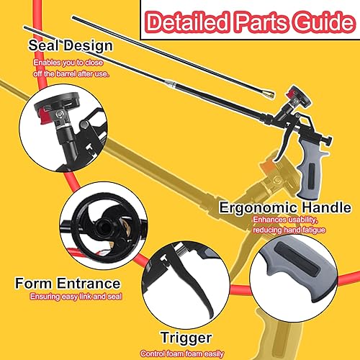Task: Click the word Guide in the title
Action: point(325,22)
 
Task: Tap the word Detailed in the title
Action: point(187,22)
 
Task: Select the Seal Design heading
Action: point(71,45)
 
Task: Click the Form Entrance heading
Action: point(68,283)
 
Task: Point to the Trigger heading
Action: point(186,338)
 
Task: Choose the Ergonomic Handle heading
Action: point(285,208)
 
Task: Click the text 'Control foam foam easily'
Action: point(182,354)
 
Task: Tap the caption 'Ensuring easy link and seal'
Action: point(76,297)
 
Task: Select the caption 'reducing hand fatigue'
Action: point(289,230)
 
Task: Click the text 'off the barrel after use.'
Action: point(71,73)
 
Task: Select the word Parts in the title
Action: point(261,22)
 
